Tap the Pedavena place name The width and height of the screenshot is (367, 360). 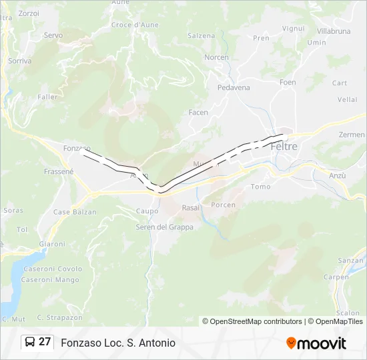(234, 87)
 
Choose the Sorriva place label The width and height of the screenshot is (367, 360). (19, 61)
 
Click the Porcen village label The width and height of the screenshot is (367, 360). (223, 205)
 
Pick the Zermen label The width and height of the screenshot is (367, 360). (352, 135)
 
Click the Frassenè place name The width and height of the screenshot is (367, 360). (58, 171)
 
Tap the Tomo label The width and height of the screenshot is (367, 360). (260, 187)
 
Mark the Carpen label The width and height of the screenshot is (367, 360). (336, 277)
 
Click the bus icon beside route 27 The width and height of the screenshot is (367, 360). (29, 342)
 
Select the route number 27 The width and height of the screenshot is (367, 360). (45, 342)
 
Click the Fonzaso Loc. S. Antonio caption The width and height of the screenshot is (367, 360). (118, 343)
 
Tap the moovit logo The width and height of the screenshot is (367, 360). (316, 343)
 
